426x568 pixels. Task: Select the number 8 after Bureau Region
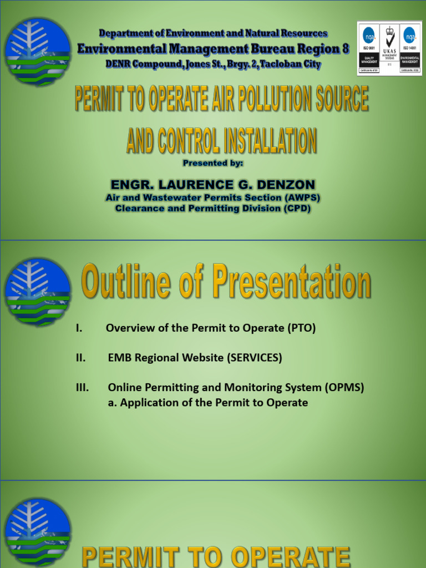pyautogui.click(x=346, y=49)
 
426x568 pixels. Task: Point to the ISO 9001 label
pyautogui.click(x=369, y=49)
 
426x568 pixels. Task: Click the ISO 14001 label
pyautogui.click(x=410, y=49)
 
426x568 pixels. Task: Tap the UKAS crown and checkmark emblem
pyautogui.click(x=389, y=39)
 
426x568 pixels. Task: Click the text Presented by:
pyautogui.click(x=213, y=163)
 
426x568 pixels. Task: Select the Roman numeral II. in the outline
pyautogui.click(x=81, y=358)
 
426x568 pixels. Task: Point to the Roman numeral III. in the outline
pyautogui.click(x=82, y=388)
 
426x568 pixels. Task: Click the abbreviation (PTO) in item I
pyautogui.click(x=301, y=328)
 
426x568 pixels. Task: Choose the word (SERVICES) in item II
pyautogui.click(x=254, y=358)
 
